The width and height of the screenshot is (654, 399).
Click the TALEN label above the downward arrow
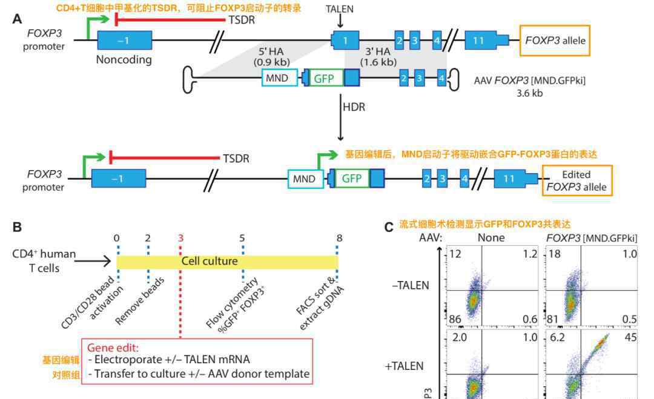[x=339, y=9]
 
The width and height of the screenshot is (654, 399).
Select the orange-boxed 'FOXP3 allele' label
[x=555, y=41]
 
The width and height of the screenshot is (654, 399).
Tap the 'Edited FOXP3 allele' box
[x=576, y=180]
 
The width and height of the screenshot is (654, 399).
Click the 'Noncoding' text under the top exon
[x=124, y=59]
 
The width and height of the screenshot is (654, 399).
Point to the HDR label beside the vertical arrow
[x=354, y=107]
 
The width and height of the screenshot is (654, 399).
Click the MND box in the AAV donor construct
[x=277, y=78]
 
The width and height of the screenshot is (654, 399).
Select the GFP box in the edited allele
[x=352, y=179]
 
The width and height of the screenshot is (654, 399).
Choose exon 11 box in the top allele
[x=478, y=41]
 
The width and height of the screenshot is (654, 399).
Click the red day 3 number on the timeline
[x=180, y=237]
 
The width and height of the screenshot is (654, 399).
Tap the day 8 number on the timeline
[x=339, y=237]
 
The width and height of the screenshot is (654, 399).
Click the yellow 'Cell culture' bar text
[x=210, y=261]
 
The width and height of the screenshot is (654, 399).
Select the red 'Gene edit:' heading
[x=113, y=348]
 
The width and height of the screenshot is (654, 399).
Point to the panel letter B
[x=17, y=228]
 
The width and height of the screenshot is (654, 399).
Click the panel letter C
[x=389, y=227]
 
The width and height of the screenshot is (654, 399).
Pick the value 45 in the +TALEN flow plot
[x=630, y=337]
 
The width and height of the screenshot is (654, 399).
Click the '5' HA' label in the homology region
[x=271, y=50]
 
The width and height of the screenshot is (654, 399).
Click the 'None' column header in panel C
[x=490, y=237]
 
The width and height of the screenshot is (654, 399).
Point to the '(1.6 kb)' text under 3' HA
[x=378, y=62]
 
